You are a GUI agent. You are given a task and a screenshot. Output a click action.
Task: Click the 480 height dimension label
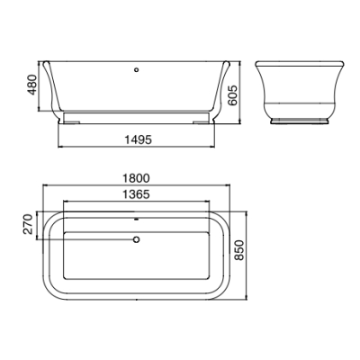coord(32,85)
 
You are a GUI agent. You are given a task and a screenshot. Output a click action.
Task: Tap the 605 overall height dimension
coord(232,95)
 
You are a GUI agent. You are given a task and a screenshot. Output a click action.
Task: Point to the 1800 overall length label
coord(136,178)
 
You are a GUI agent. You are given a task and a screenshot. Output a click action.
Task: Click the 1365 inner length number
coord(136,194)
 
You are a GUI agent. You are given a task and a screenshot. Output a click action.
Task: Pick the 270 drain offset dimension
coord(28,224)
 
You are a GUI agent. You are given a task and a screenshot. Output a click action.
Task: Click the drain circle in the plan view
coord(137,239)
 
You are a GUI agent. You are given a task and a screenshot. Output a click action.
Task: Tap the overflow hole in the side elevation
coord(137,70)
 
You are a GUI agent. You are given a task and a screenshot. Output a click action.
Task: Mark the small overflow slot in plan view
coord(137,220)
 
